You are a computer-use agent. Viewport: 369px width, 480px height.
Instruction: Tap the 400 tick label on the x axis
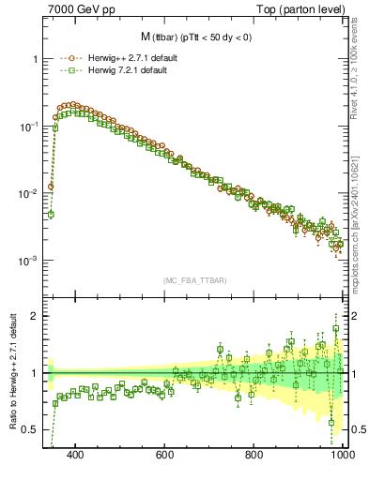point(77,455)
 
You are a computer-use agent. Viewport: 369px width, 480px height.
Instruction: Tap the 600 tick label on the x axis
point(166,455)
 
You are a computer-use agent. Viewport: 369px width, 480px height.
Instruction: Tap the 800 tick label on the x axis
point(254,455)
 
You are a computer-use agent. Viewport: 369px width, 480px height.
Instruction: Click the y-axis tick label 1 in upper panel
point(35,58)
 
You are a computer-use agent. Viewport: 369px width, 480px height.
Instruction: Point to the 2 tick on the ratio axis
point(35,316)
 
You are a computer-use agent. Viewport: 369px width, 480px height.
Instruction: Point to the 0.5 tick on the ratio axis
point(30,429)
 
